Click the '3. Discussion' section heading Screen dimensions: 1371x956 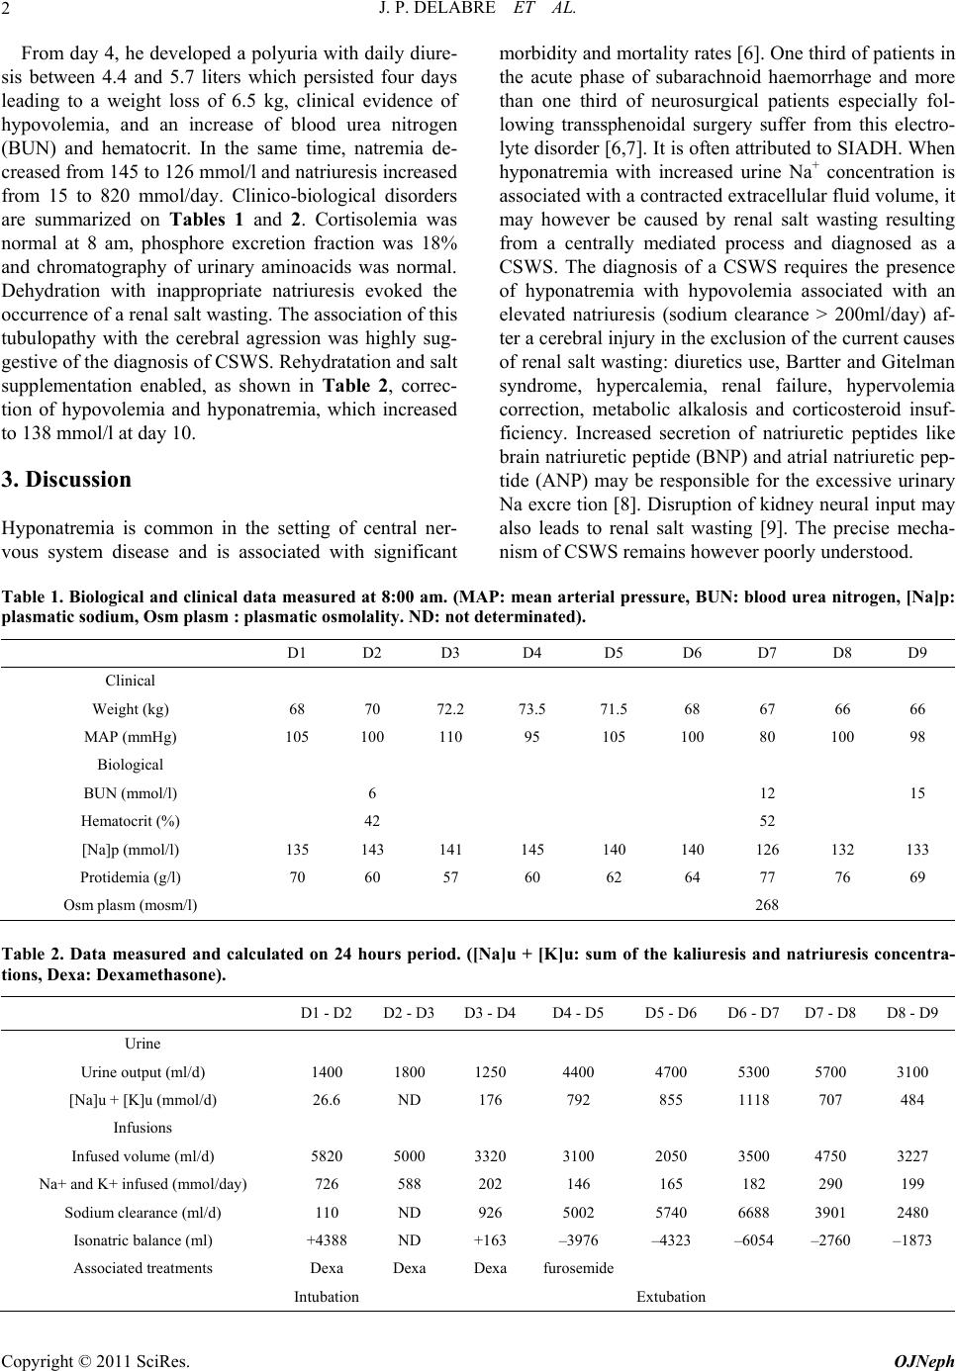[66, 480]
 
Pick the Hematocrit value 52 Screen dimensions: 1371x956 [766, 820]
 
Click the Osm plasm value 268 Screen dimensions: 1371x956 [766, 904]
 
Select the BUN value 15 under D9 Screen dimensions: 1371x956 [917, 793]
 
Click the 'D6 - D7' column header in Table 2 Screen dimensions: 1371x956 [753, 1012]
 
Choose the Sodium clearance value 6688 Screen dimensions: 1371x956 [753, 1212]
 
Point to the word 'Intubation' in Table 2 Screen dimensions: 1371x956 [327, 1296]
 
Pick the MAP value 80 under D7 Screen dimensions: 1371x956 [766, 737]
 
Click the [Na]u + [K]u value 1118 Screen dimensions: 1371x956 [753, 1100]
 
